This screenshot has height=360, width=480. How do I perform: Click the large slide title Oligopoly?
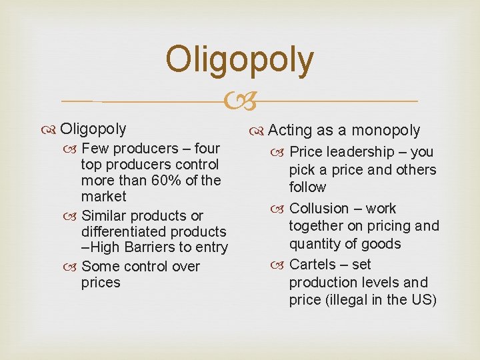pyautogui.click(x=239, y=60)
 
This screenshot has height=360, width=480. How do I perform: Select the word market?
pyautogui.click(x=103, y=196)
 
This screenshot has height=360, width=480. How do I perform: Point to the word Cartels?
pyautogui.click(x=312, y=264)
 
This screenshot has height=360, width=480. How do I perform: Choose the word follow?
pyautogui.click(x=307, y=187)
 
